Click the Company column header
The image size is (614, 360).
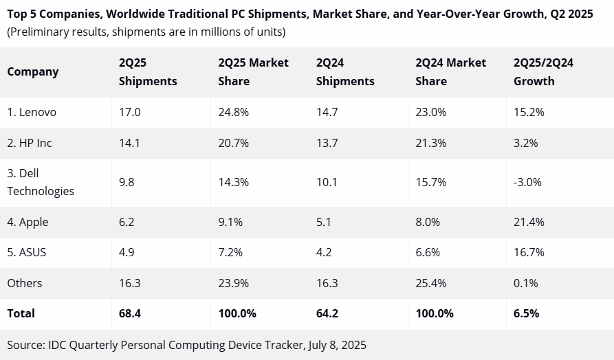(33, 71)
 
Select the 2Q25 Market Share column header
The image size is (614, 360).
(253, 71)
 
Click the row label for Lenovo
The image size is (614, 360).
(32, 112)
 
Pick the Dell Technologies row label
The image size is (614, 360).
(41, 182)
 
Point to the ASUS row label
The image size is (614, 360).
(27, 252)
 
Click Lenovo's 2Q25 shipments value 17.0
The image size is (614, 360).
(129, 112)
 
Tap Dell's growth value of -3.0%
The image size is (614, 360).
(527, 182)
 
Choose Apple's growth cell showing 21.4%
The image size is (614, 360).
(529, 222)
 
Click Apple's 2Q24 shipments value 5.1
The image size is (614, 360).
(324, 222)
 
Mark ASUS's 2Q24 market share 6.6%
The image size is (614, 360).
(428, 252)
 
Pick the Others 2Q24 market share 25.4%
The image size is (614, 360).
(431, 283)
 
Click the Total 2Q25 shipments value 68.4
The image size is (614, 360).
(131, 313)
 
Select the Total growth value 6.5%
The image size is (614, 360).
(526, 313)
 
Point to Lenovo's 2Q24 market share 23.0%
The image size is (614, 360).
(431, 112)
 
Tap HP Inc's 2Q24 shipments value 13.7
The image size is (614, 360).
(327, 143)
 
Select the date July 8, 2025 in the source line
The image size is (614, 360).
(333, 345)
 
